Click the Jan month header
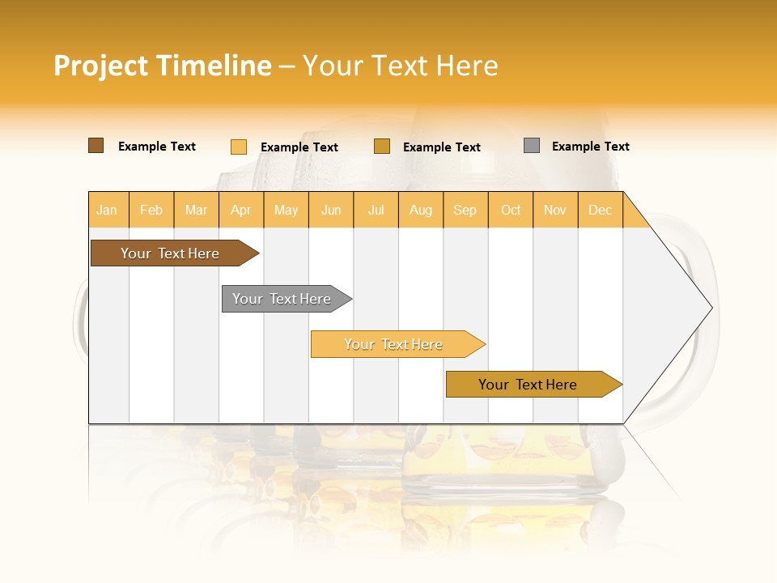(x=107, y=210)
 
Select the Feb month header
(x=151, y=210)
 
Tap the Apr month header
(x=241, y=210)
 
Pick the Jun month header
(x=331, y=210)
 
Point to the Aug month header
(x=421, y=210)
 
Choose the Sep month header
(x=465, y=210)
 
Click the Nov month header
(x=555, y=210)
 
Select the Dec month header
(x=601, y=210)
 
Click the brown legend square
(x=96, y=146)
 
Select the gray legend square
(x=532, y=146)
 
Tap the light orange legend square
(x=239, y=147)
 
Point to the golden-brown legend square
(x=382, y=147)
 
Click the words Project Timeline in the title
(x=162, y=66)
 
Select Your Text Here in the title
(x=400, y=66)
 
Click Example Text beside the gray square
(x=590, y=147)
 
